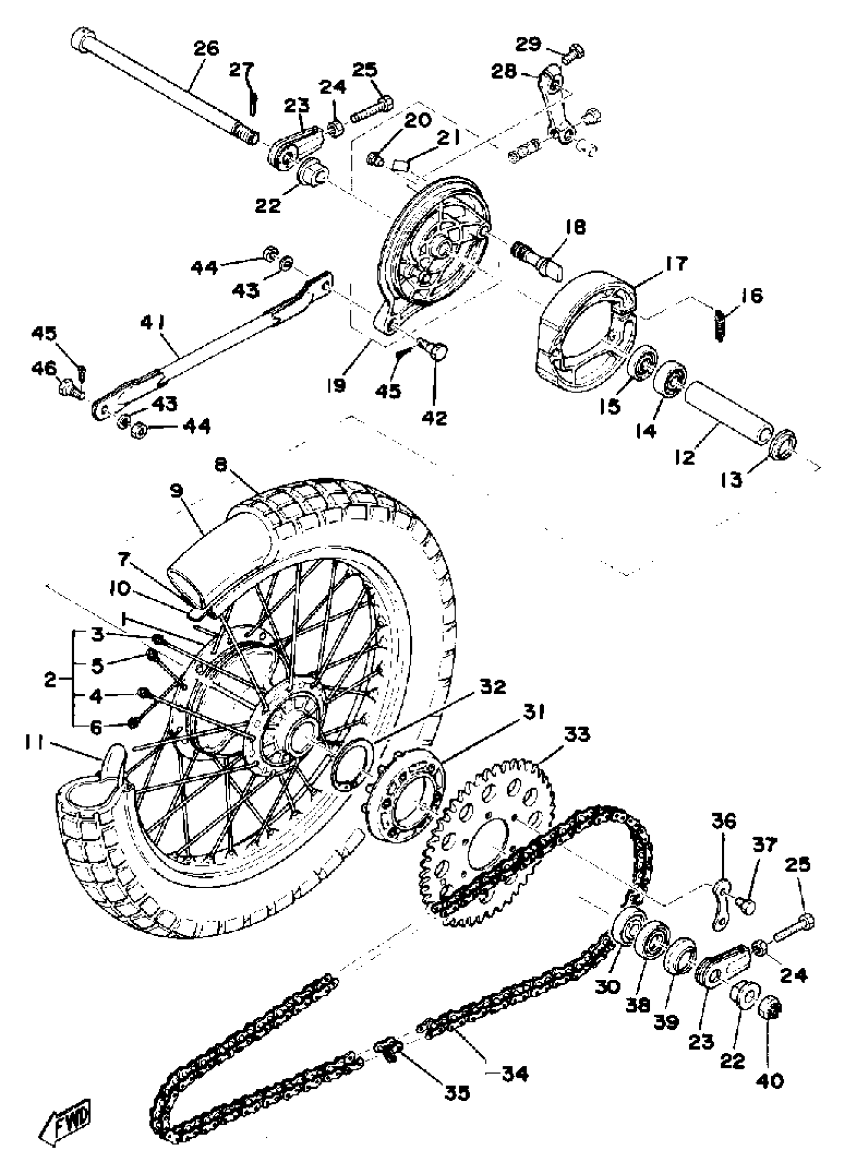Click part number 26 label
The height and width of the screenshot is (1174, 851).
(x=207, y=49)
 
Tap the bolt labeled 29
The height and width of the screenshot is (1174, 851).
(x=574, y=52)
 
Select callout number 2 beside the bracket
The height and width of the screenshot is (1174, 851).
(x=50, y=680)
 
